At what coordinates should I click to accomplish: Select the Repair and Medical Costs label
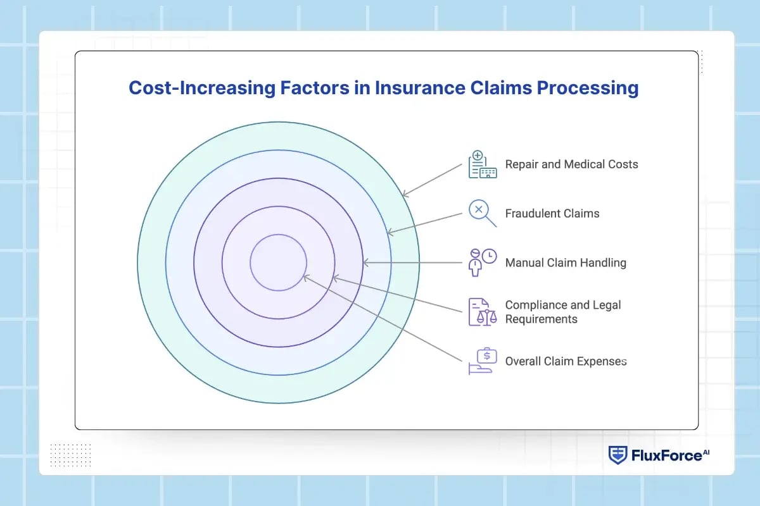click(571, 164)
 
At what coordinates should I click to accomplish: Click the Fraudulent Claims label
click(552, 214)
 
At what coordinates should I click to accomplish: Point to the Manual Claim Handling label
click(565, 262)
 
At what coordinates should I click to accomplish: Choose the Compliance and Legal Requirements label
click(562, 312)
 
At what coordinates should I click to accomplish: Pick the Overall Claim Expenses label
click(565, 361)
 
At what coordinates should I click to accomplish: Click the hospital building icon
click(482, 165)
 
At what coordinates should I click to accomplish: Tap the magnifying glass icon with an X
click(482, 213)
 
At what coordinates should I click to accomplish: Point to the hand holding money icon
click(482, 361)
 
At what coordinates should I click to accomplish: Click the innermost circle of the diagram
click(278, 262)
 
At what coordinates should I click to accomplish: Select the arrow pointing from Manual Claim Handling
click(412, 262)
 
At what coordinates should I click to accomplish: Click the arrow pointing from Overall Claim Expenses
click(383, 318)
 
